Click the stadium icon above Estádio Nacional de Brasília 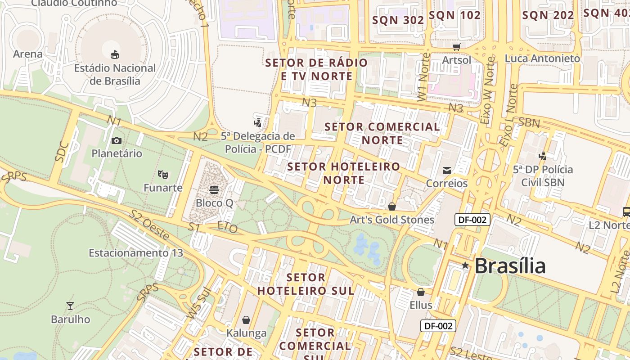tap(115, 54)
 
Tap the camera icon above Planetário tap(117, 140)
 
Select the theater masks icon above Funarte tap(162, 174)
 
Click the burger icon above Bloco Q tap(214, 189)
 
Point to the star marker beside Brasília tap(465, 265)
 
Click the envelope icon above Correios tap(447, 170)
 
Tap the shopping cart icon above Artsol tap(457, 47)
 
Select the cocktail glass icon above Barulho tap(70, 306)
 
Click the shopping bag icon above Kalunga tap(246, 320)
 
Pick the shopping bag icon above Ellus tap(421, 292)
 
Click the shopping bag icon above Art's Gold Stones tap(392, 207)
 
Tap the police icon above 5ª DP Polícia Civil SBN tap(543, 156)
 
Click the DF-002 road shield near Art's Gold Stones tap(472, 220)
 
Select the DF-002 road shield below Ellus tap(438, 326)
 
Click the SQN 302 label tap(398, 20)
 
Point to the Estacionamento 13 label tap(136, 253)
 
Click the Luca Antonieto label tap(542, 58)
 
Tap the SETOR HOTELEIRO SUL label tap(306, 284)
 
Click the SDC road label tap(62, 152)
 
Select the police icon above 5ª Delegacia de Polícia tap(258, 122)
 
